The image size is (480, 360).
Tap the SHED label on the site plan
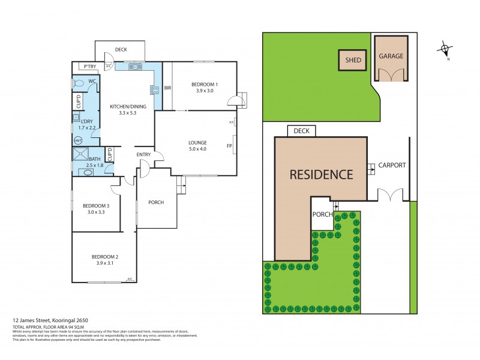pyautogui.click(x=353, y=60)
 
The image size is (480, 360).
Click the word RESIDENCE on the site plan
pyautogui.click(x=321, y=175)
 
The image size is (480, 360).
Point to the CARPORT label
pyautogui.click(x=392, y=165)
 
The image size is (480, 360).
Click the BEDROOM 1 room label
pyautogui.click(x=205, y=84)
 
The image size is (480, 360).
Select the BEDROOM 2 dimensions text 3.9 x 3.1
pyautogui.click(x=104, y=263)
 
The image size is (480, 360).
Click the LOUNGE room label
pyautogui.click(x=197, y=143)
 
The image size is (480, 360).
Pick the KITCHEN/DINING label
pyautogui.click(x=128, y=106)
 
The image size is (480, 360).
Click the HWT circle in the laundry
pyautogui.click(x=77, y=140)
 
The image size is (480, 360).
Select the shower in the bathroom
pyautogui.click(x=81, y=155)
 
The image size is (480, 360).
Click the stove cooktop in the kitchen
pyautogui.click(x=154, y=91)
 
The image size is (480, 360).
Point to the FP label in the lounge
pyautogui.click(x=229, y=146)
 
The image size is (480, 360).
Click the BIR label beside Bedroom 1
pyautogui.click(x=168, y=88)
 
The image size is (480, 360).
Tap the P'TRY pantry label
pyautogui.click(x=91, y=66)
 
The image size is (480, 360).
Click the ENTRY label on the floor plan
pyautogui.click(x=143, y=155)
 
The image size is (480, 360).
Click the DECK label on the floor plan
pyautogui.click(x=121, y=50)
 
